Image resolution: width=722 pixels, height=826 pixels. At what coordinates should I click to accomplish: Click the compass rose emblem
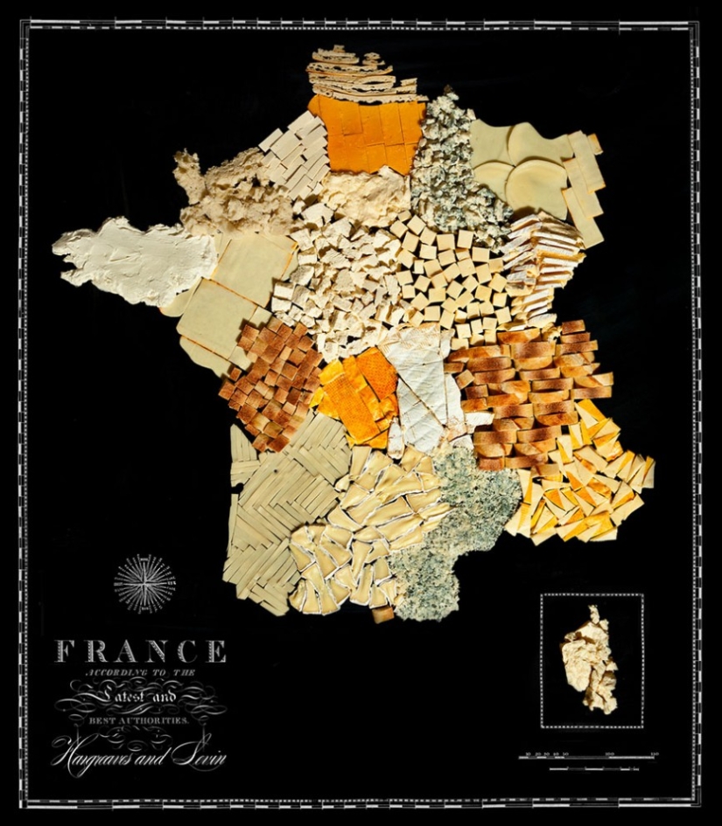coord(144,583)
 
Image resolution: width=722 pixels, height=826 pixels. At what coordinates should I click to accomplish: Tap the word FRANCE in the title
coord(141,651)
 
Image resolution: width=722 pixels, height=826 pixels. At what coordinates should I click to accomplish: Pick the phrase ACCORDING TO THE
coord(140,674)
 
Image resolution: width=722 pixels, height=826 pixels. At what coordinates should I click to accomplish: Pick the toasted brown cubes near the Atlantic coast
coord(271,376)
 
